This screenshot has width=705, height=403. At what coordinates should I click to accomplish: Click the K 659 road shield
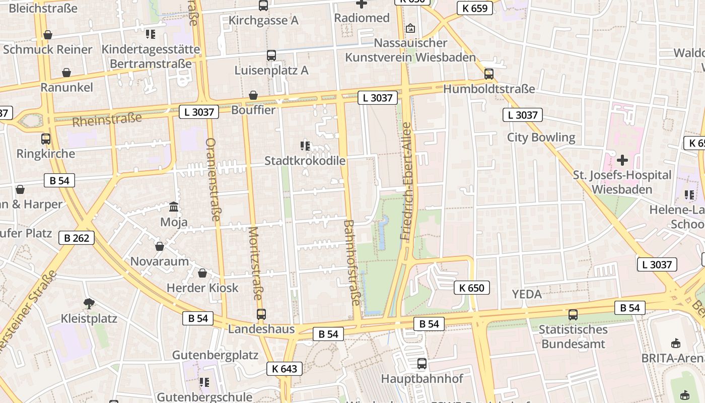coord(475,8)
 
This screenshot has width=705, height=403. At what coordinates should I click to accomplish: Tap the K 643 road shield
coord(285,369)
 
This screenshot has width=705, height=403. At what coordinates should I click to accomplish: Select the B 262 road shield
coord(77,238)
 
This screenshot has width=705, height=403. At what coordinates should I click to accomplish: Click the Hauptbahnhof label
coord(422,378)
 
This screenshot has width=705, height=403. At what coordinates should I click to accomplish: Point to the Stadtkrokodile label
coord(305,161)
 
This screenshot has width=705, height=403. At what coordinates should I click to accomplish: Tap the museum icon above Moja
coord(174,207)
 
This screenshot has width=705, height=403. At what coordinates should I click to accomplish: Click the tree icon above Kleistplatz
coord(89,303)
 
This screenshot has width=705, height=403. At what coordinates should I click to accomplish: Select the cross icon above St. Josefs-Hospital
coord(622,160)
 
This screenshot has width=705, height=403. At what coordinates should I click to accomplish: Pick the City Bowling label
coord(541,137)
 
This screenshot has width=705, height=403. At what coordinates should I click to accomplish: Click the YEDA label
coord(527,294)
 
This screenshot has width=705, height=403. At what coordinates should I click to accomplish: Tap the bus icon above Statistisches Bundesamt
coord(573,315)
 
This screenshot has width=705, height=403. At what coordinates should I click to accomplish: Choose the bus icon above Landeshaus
coord(261,314)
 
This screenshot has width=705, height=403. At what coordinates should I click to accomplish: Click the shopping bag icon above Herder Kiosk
coord(202,273)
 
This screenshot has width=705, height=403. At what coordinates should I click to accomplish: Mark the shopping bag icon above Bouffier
coord(253,95)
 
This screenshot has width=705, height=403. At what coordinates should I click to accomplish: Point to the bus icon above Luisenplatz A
coord(271,55)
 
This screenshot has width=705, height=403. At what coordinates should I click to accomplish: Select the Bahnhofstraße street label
coord(352,262)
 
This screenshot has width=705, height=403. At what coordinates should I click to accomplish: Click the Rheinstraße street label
coord(107,120)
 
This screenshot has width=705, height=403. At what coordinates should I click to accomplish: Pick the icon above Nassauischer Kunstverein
coord(410,28)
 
